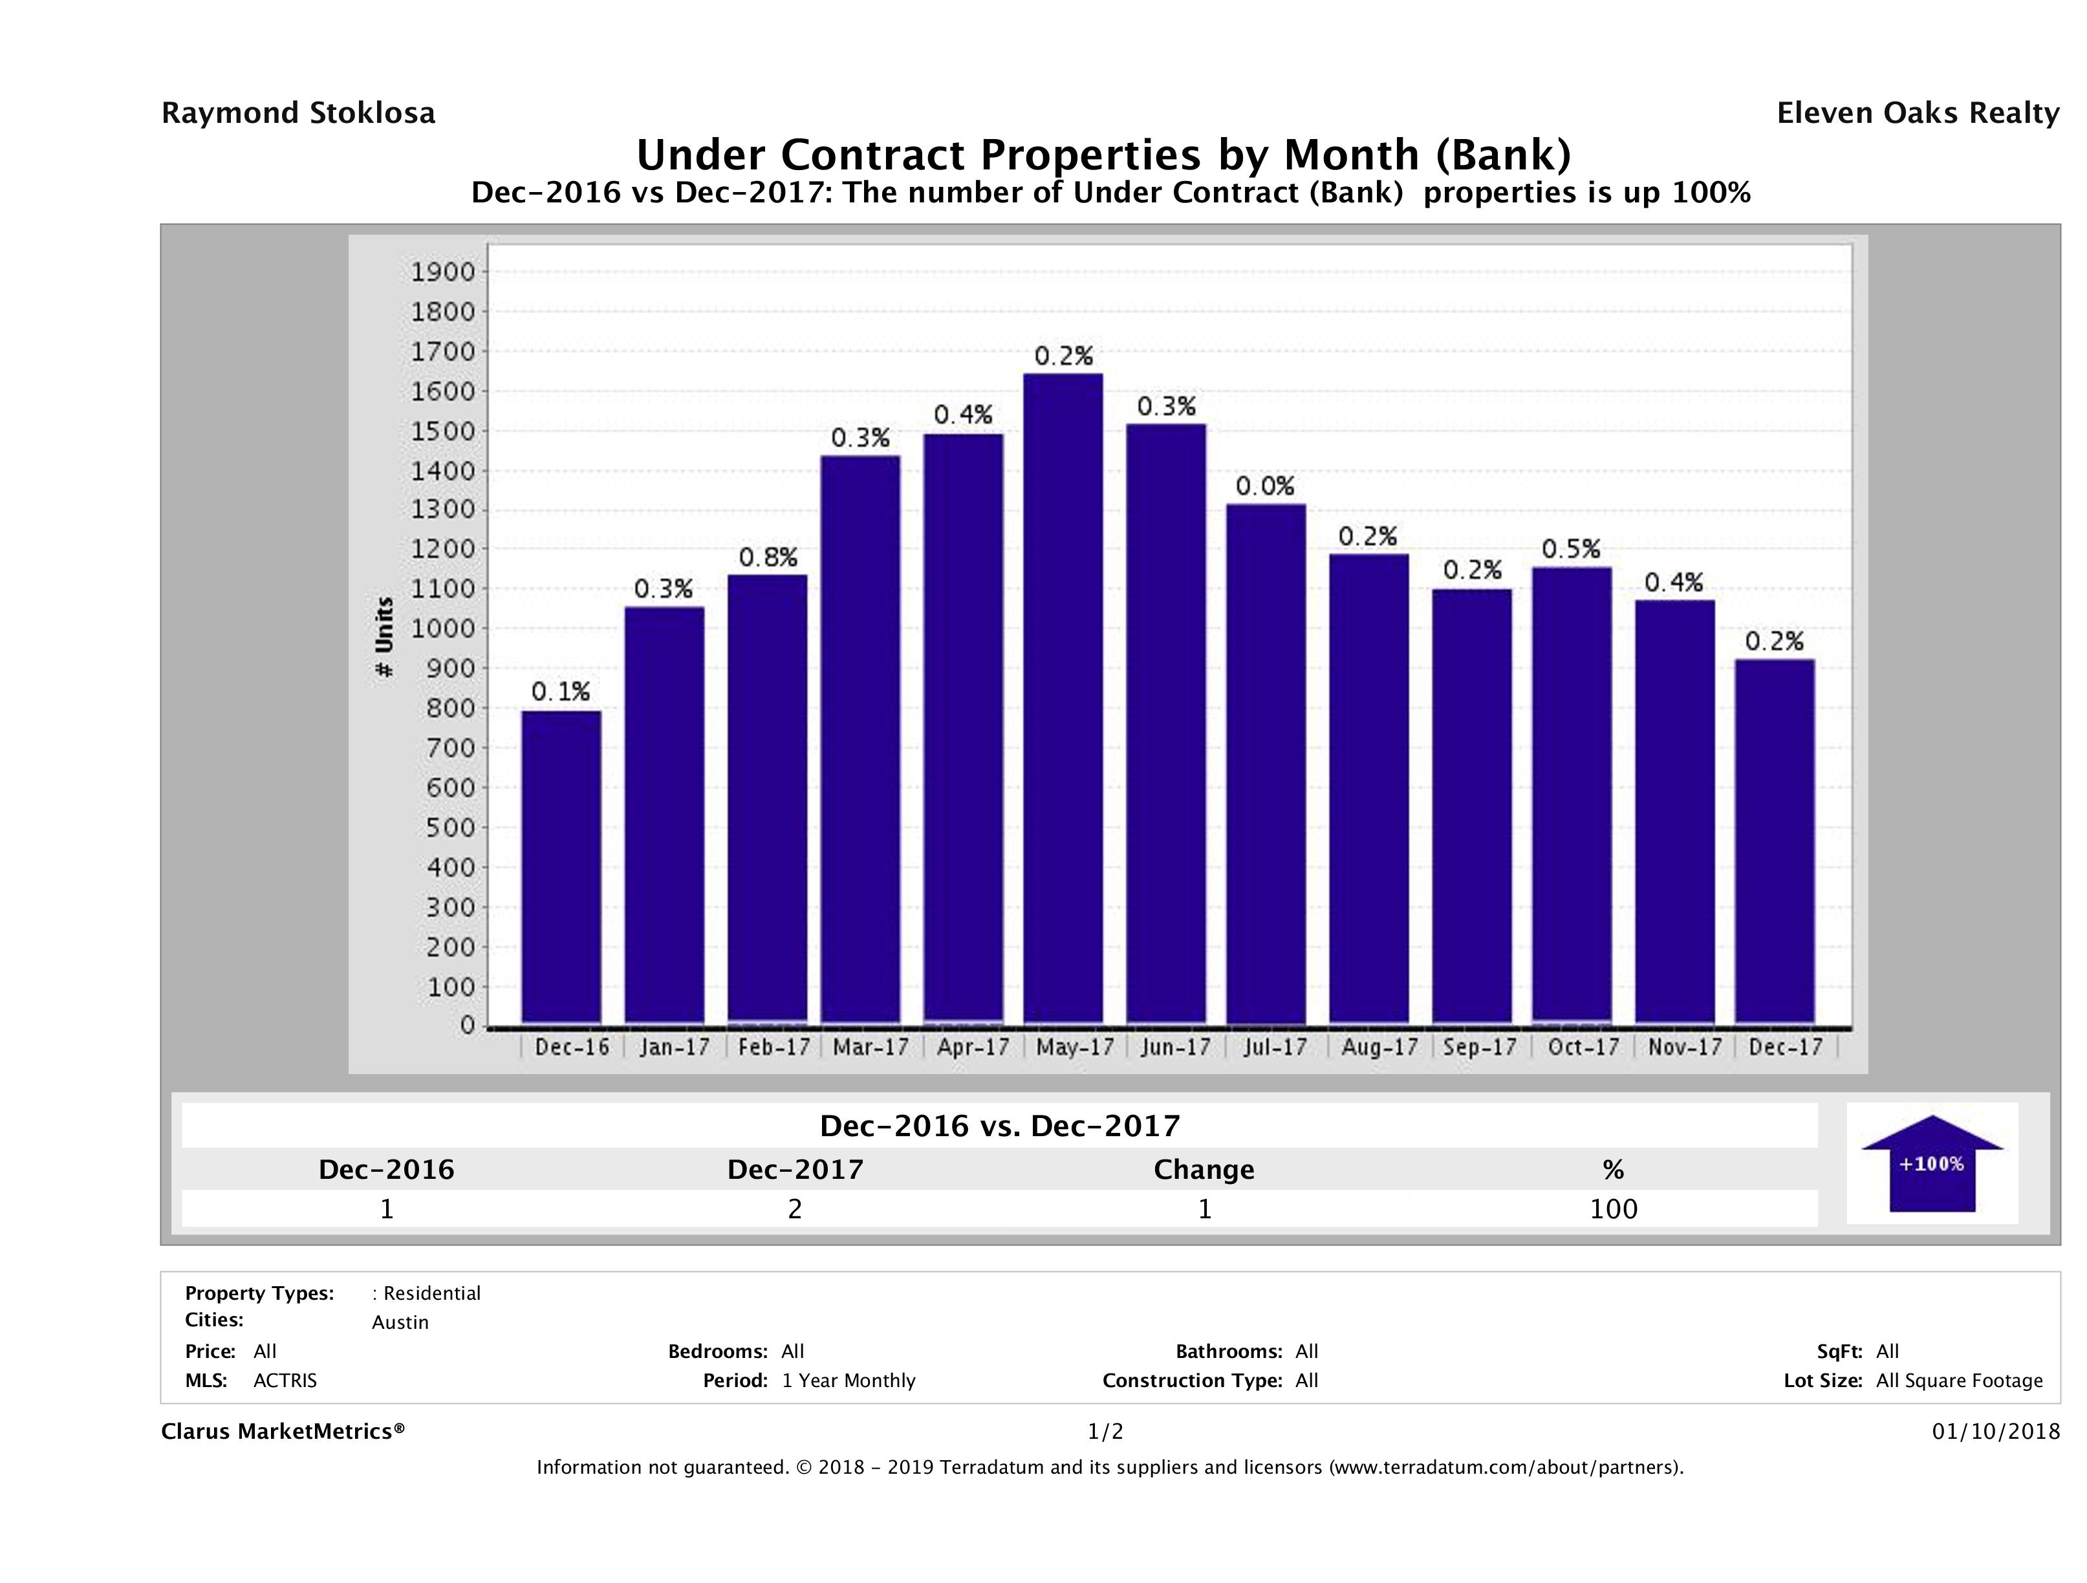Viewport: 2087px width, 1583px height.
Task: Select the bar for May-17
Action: [1063, 698]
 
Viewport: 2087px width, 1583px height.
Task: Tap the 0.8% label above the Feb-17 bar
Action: [768, 557]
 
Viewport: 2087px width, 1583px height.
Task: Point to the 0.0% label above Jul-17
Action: [1265, 487]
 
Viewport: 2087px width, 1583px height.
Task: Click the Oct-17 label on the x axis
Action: [1583, 1047]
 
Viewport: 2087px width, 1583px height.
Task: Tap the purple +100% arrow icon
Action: [1931, 1163]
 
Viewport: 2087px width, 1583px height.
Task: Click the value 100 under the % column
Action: [1614, 1209]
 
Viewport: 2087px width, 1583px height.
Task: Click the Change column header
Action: [1204, 1170]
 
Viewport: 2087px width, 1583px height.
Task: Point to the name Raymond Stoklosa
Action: [298, 113]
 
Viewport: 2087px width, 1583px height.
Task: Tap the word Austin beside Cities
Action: [400, 1322]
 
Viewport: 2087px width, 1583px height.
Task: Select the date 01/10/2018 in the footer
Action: [1995, 1432]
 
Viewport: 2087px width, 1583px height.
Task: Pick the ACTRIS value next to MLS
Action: [285, 1381]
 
